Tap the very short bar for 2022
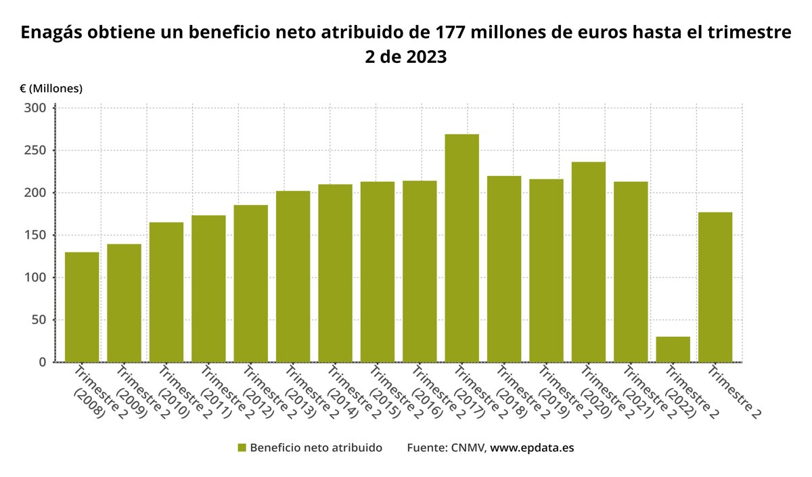tap(673, 349)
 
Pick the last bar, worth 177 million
tap(715, 287)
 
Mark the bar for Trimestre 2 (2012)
tap(251, 283)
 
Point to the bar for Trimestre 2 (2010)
tap(166, 292)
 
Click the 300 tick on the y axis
tap(35, 108)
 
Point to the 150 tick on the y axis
tap(35, 235)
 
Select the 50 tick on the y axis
tap(38, 320)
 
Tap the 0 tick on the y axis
tap(42, 363)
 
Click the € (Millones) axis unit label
tap(51, 89)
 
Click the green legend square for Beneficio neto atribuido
tap(242, 448)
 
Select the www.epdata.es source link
tap(532, 448)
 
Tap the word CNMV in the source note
tap(468, 448)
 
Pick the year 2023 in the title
tap(426, 57)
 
